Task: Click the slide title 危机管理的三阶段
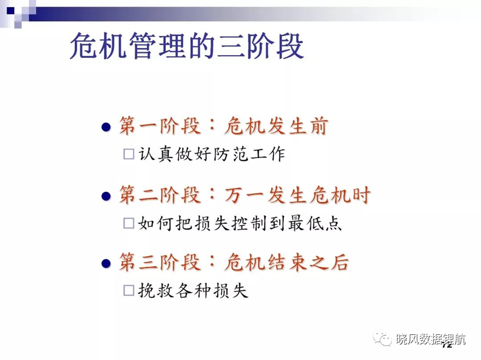coord(187,46)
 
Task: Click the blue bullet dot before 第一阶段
coord(106,127)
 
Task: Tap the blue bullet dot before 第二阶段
coord(106,196)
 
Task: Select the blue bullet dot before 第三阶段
coord(106,263)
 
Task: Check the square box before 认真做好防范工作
coord(129,154)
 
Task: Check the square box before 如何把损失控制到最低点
coord(129,223)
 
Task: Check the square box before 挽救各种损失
coord(129,290)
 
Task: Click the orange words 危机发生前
coord(276,126)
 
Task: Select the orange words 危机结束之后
coord(287,262)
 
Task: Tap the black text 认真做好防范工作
coord(212,154)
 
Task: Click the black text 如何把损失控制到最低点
coord(240,223)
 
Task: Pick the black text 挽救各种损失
coord(193,290)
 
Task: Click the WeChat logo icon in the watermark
coord(382,338)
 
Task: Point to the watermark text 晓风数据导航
coord(431,339)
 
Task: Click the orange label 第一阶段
coord(160,126)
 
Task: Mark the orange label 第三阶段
coord(160,262)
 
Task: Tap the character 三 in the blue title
coord(230,46)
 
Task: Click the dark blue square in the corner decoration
coord(11,11)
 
